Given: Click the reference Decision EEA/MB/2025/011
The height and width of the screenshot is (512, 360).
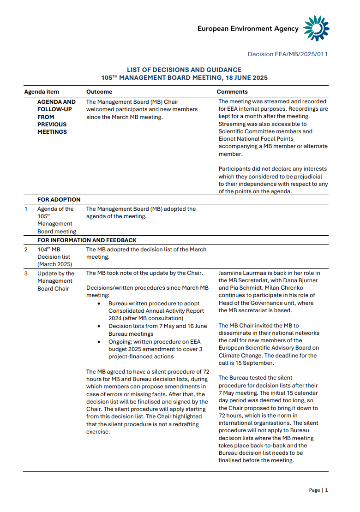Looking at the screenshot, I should [288, 54].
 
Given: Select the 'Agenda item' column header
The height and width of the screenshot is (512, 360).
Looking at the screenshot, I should [42, 92].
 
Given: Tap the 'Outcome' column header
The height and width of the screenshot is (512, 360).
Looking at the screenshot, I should [99, 92].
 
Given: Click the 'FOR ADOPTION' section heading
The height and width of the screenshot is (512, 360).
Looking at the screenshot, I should [59, 200].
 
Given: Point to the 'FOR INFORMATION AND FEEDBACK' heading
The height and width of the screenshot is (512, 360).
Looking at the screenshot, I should [87, 240].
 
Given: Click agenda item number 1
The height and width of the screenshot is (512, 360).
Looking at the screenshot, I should [26, 209].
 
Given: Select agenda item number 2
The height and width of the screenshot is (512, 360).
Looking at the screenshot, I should [26, 250].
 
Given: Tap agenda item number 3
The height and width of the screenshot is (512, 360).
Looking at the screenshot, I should [26, 274].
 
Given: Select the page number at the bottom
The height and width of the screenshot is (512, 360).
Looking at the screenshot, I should [326, 490].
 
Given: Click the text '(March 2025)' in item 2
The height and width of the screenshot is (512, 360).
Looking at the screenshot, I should [54, 264].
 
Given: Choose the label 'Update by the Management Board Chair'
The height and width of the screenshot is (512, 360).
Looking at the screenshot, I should [55, 281].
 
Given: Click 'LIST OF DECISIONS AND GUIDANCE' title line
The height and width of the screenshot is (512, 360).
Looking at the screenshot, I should [184, 70].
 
